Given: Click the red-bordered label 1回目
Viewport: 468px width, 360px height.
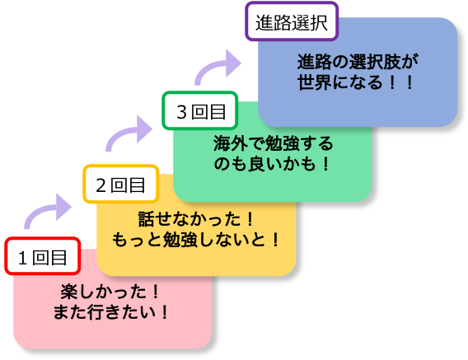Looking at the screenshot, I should click(x=43, y=256).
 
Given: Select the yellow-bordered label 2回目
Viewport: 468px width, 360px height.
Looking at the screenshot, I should click(x=120, y=185).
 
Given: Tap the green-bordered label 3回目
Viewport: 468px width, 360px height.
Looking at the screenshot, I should click(x=200, y=110).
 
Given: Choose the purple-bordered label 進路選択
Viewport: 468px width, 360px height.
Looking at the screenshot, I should click(x=292, y=21).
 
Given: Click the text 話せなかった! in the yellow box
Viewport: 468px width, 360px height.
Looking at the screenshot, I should click(x=195, y=220).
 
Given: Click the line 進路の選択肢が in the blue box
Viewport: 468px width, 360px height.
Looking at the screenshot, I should click(x=358, y=62).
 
